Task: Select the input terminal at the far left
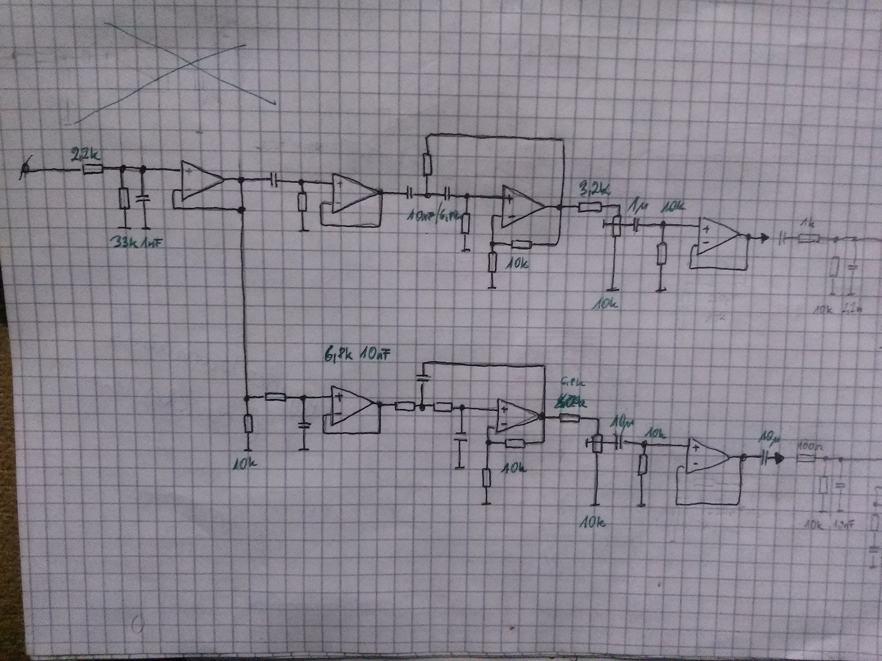(25, 169)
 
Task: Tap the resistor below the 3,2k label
(590, 207)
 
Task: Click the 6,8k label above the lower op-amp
(339, 355)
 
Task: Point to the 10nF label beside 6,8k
(378, 355)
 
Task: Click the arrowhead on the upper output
(761, 238)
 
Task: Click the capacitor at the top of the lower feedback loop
(423, 377)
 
